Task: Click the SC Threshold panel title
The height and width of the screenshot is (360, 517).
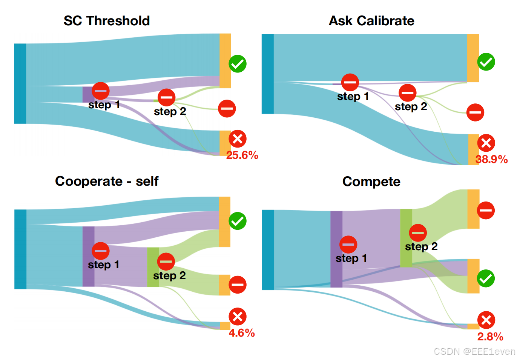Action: [107, 21]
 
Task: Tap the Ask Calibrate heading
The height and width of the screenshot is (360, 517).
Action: [371, 21]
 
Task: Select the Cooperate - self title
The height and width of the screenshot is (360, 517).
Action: [107, 181]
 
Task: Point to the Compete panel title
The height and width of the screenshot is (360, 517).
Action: [371, 182]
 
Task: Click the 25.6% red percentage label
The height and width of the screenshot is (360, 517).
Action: [242, 155]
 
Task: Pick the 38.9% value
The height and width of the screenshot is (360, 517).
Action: [491, 159]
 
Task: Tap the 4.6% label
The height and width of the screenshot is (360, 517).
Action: [242, 333]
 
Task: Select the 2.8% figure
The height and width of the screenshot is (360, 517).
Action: [490, 337]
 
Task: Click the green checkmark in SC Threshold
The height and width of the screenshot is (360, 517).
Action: [238, 63]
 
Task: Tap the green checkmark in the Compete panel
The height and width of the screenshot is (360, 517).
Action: [486, 278]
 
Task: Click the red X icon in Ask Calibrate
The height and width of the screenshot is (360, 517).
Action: [486, 143]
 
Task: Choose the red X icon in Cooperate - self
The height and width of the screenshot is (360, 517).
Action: [238, 317]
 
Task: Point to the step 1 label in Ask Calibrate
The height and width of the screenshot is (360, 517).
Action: [353, 97]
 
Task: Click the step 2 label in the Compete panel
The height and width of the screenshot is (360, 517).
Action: [421, 247]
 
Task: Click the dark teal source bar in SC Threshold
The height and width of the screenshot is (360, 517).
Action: [20, 83]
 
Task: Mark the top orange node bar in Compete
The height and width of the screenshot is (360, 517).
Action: [473, 209]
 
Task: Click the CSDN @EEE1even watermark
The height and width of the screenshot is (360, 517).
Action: [474, 352]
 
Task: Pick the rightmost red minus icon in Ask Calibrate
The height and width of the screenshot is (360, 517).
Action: [475, 112]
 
